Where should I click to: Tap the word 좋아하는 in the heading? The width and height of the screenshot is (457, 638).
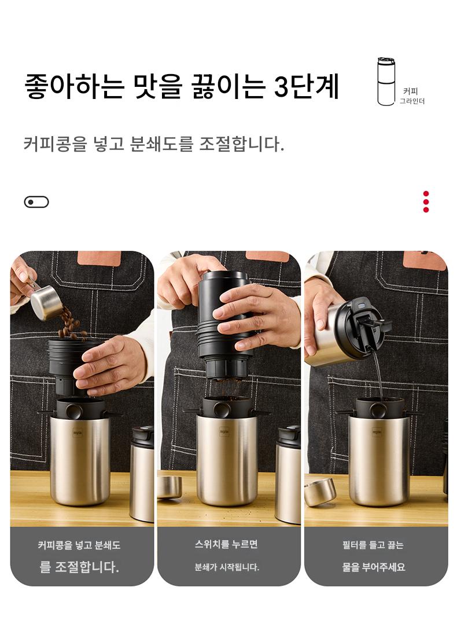pyautogui.click(x=75, y=86)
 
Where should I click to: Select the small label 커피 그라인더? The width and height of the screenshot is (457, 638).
pyautogui.click(x=411, y=97)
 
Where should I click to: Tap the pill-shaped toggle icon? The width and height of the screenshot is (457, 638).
pyautogui.click(x=36, y=202)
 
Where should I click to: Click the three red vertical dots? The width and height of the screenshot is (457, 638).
pyautogui.click(x=426, y=201)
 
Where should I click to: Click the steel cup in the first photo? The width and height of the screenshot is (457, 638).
pyautogui.click(x=80, y=459)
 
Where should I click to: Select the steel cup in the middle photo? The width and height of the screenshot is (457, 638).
pyautogui.click(x=226, y=459)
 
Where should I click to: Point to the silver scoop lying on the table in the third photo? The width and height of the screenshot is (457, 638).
pyautogui.click(x=319, y=492)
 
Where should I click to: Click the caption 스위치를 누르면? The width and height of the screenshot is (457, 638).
pyautogui.click(x=226, y=544)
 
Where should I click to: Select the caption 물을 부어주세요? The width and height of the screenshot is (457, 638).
pyautogui.click(x=374, y=567)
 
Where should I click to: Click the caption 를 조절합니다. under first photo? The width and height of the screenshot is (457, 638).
pyautogui.click(x=79, y=566)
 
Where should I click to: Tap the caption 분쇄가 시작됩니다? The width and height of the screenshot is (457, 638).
pyautogui.click(x=226, y=567)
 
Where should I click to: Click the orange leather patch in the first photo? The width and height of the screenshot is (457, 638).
pyautogui.click(x=99, y=258)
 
